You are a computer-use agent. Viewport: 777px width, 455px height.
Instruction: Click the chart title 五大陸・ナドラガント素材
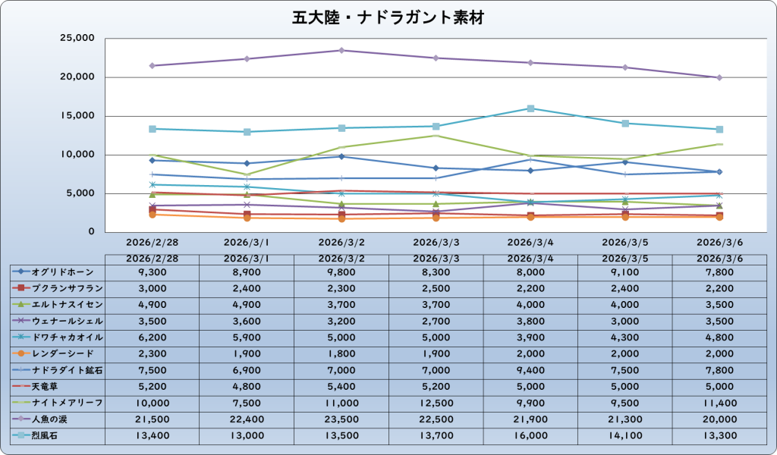pyautogui.click(x=388, y=17)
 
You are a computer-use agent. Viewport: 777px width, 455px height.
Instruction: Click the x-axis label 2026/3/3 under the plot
pyautogui.click(x=436, y=243)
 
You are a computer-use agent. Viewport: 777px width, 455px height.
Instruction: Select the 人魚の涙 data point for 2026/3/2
pyautogui.click(x=341, y=51)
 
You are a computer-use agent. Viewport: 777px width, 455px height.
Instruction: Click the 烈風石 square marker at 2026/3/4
pyautogui.click(x=530, y=108)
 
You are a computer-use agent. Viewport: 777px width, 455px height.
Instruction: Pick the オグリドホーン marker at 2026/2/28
pyautogui.click(x=153, y=160)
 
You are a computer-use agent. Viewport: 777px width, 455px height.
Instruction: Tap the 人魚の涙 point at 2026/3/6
pyautogui.click(x=719, y=77)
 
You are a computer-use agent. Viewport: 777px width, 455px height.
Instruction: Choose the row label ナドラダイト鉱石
pyautogui.click(x=68, y=370)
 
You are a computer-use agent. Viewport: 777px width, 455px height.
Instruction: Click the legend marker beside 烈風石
pyautogui.click(x=22, y=435)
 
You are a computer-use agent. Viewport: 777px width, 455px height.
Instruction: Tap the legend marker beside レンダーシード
pyautogui.click(x=22, y=353)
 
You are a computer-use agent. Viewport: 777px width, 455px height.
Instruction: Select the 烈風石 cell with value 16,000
pyautogui.click(x=530, y=435)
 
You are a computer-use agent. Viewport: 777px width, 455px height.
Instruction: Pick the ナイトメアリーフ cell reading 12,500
pyautogui.click(x=436, y=403)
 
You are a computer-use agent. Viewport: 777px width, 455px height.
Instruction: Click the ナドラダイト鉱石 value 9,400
pyautogui.click(x=530, y=370)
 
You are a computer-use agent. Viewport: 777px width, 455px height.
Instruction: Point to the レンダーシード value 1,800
pyautogui.click(x=341, y=353)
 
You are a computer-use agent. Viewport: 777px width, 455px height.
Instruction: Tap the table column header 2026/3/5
pyautogui.click(x=624, y=259)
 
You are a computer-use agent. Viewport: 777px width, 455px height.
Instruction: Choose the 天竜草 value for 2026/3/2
pyautogui.click(x=341, y=387)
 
